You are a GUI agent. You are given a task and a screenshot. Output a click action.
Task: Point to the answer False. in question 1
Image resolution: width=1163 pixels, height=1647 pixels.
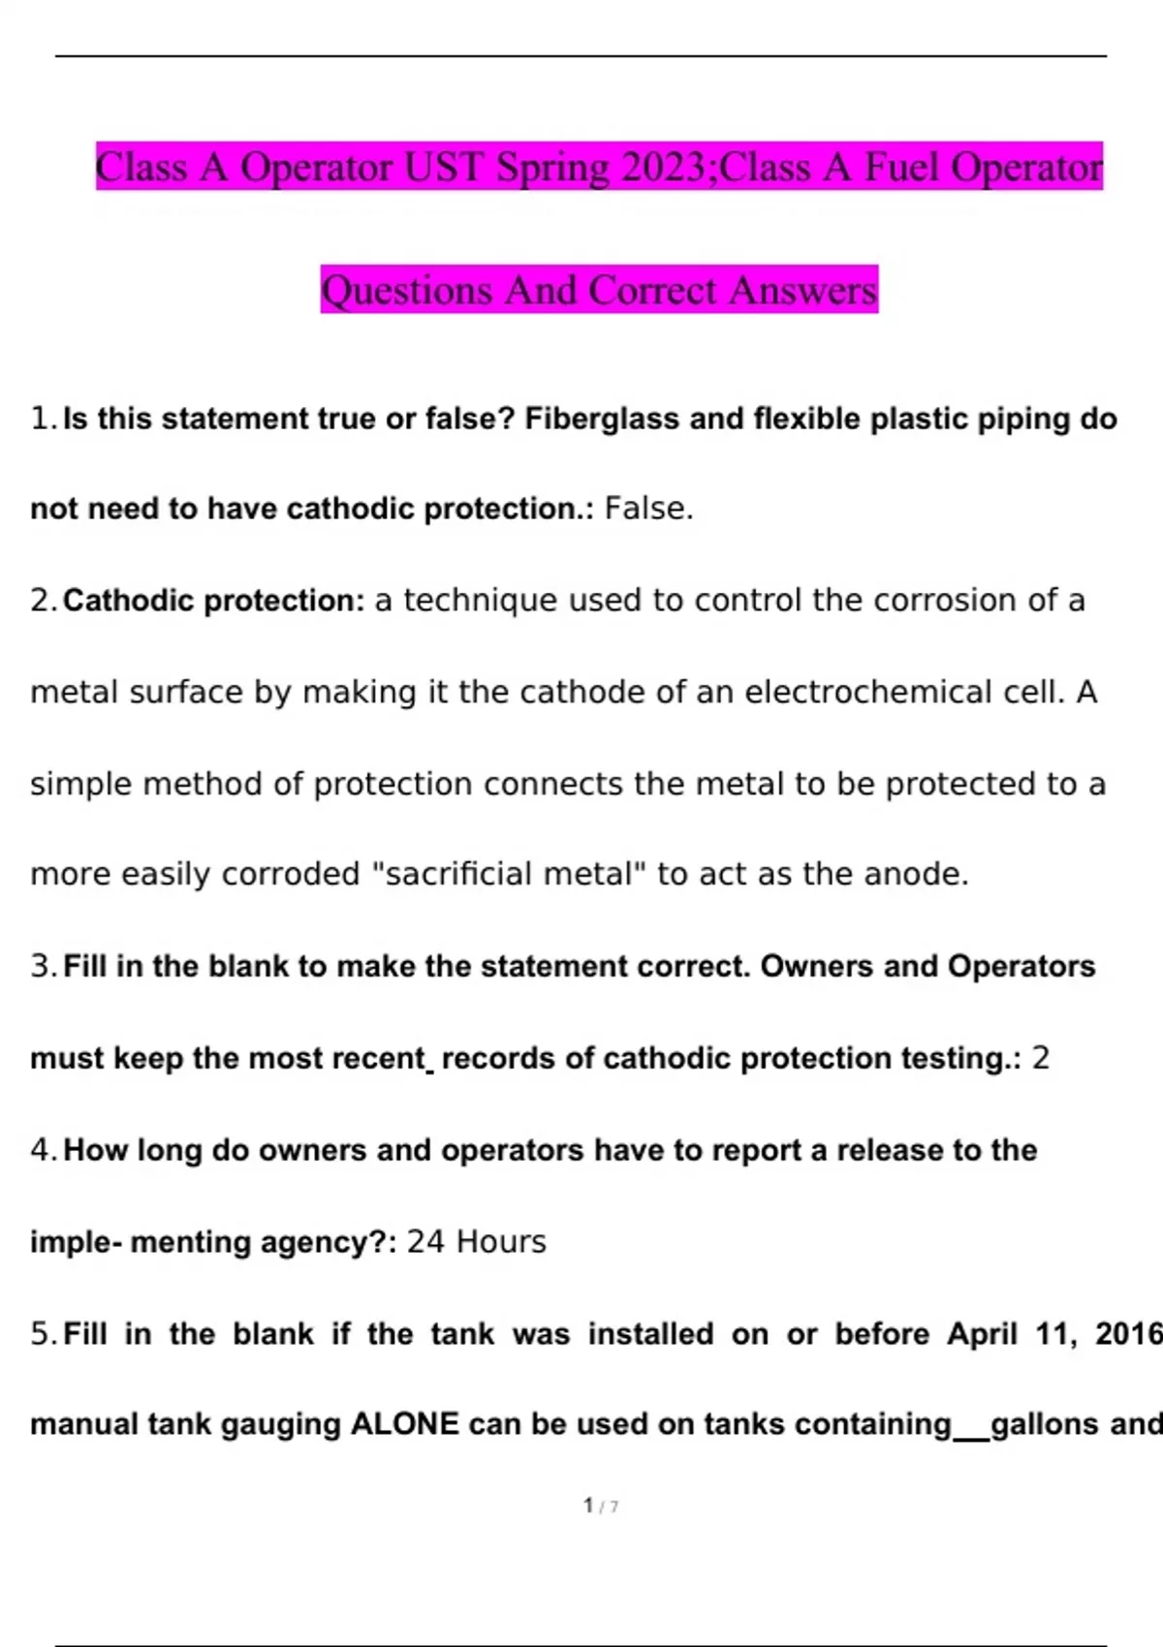coord(648,509)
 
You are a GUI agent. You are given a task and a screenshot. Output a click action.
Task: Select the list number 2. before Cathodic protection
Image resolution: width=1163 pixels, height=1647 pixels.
coord(45,601)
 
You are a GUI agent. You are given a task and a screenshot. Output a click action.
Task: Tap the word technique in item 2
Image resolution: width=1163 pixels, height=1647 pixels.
coord(480,601)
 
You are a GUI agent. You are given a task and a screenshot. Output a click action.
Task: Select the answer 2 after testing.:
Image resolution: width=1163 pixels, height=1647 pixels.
coord(1040,1058)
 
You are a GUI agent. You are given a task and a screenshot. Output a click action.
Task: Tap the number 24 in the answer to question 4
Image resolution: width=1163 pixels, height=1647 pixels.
coord(425,1242)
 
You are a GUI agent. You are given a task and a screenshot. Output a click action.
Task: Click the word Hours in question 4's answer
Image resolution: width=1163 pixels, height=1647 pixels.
coord(501,1242)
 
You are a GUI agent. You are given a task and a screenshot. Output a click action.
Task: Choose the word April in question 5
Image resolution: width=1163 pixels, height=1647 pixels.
coord(982,1334)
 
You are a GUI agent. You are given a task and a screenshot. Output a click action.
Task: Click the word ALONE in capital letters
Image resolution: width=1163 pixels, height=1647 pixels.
coord(404,1424)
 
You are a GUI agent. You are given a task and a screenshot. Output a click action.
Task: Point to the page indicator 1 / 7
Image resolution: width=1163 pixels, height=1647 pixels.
coord(601,1506)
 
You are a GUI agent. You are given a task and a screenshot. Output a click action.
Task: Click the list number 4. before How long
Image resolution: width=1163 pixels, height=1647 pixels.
coord(45,1150)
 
